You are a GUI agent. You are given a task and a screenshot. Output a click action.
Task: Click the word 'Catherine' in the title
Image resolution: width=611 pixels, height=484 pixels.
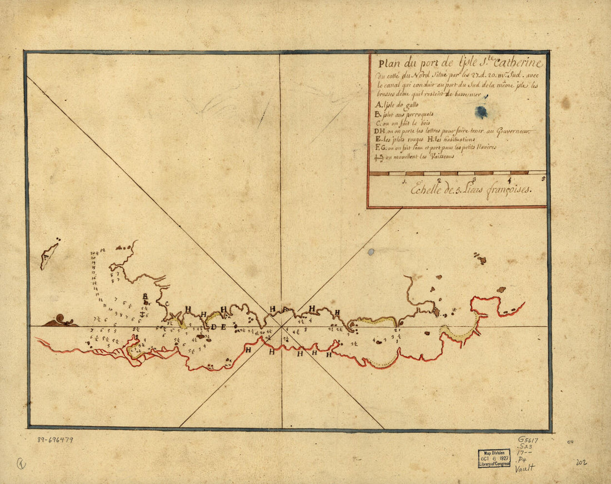[x=515, y=62]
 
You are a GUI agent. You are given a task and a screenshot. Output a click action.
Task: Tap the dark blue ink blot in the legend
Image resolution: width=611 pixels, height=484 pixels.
[x=482, y=112]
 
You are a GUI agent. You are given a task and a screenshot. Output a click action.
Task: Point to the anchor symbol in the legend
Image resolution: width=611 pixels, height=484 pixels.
[x=380, y=158]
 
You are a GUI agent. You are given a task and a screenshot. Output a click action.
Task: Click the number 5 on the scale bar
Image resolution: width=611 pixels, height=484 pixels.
[x=543, y=179]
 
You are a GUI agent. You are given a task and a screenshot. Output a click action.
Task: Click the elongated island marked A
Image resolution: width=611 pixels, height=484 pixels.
[x=49, y=255]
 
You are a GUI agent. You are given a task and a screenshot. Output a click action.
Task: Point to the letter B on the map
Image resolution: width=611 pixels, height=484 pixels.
[x=145, y=297]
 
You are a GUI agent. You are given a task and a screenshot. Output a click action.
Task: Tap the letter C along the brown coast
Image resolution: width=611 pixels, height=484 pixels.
[x=167, y=303]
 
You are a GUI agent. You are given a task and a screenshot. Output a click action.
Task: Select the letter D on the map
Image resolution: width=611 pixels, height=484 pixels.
[x=214, y=327]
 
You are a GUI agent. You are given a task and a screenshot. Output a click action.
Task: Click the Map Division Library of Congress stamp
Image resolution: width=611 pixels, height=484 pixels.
[x=494, y=458]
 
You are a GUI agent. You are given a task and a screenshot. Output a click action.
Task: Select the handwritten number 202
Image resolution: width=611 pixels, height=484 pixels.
[x=582, y=462]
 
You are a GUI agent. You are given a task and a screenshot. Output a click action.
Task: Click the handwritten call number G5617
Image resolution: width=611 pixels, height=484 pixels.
[x=528, y=438]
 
